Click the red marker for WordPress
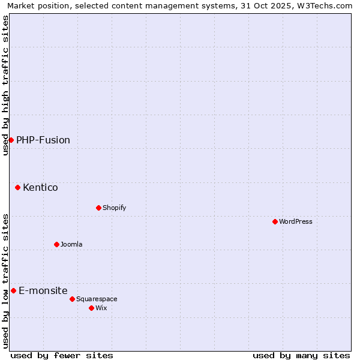(x=275, y=221)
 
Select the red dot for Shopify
(x=98, y=208)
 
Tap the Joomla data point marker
(x=56, y=244)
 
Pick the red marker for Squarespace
(x=72, y=299)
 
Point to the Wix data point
(x=91, y=308)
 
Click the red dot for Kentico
(x=17, y=187)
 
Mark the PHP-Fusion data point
(x=11, y=140)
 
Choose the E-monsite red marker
(x=13, y=290)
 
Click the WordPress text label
(x=296, y=221)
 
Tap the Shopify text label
(x=114, y=208)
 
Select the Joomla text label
(x=71, y=244)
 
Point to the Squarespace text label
(x=97, y=299)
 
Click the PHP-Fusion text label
(x=43, y=140)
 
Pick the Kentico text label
(x=40, y=187)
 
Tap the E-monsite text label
(x=43, y=290)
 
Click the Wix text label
(x=101, y=308)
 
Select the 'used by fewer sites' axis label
(x=62, y=355)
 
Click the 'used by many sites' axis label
(x=301, y=355)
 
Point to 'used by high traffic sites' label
(x=5, y=85)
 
